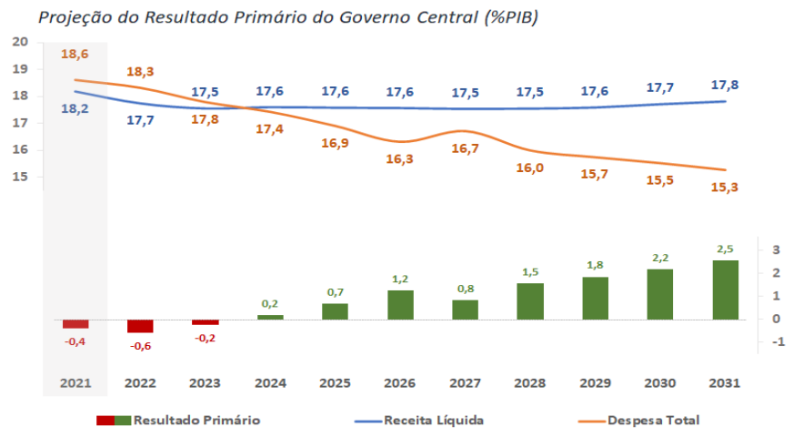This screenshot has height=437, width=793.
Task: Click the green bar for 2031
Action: click(725, 290)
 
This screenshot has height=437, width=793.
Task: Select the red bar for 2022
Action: click(140, 326)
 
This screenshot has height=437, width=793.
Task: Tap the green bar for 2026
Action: click(400, 304)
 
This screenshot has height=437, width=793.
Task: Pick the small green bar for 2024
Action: click(270, 317)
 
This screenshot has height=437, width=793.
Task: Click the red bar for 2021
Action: click(75, 324)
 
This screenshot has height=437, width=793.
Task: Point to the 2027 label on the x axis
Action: click(465, 382)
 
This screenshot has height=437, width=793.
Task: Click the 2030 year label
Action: click(660, 382)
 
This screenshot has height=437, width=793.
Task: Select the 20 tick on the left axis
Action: click(21, 42)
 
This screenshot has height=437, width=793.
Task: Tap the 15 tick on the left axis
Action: click(21, 177)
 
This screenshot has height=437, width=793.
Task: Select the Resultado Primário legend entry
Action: click(196, 420)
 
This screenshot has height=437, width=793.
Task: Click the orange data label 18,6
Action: click(75, 55)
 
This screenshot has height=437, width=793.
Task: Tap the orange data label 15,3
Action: click(725, 187)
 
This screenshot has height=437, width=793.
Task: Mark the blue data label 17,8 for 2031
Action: click(725, 85)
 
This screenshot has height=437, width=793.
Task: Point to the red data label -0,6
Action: click(140, 346)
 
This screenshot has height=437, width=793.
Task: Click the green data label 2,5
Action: click(725, 249)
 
